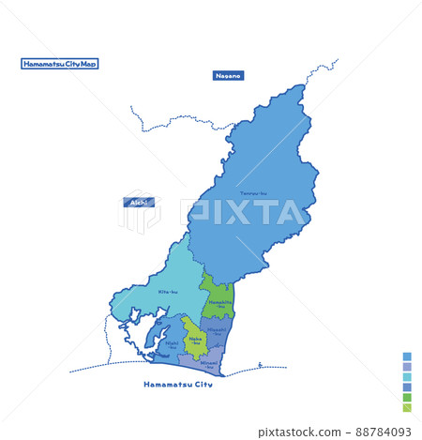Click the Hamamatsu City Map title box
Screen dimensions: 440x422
60,65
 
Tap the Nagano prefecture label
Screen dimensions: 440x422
228,75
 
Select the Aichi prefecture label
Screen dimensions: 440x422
139,202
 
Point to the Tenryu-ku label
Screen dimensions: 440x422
253,193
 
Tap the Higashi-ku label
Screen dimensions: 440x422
218,330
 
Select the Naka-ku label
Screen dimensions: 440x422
195,341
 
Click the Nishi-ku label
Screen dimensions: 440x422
172,344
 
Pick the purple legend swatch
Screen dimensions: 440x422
407,367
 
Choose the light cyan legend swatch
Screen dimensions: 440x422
407,377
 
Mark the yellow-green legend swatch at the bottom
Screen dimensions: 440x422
407,408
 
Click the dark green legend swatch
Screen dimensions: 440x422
407,398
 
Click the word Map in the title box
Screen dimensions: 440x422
89,65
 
